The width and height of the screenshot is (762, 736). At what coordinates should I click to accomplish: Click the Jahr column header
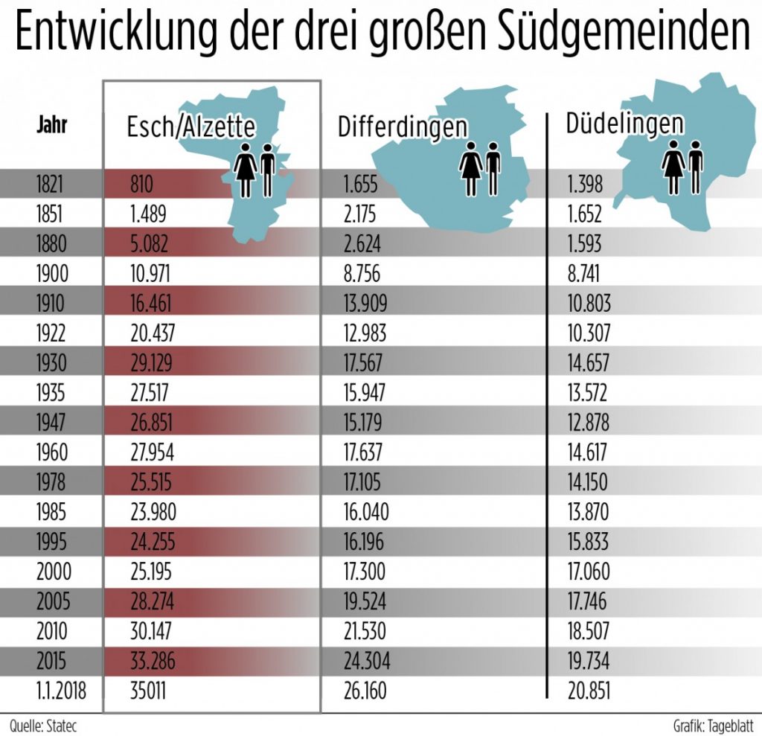(x=52, y=124)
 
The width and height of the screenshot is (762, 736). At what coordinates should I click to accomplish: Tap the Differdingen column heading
(x=403, y=127)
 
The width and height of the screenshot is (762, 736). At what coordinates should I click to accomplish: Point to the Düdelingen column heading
(x=625, y=123)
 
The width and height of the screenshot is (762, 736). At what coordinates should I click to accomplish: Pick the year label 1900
(x=52, y=274)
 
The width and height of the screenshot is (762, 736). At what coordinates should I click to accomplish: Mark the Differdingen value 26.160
(x=365, y=691)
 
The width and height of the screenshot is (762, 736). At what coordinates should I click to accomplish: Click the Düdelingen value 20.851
(x=589, y=691)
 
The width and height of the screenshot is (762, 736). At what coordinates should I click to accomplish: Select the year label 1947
(x=52, y=423)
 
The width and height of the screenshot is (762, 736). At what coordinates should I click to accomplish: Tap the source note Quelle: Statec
(x=44, y=724)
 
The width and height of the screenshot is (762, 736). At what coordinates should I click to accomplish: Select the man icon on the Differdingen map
(x=493, y=169)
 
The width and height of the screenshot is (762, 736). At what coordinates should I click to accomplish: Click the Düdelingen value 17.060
(x=589, y=572)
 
